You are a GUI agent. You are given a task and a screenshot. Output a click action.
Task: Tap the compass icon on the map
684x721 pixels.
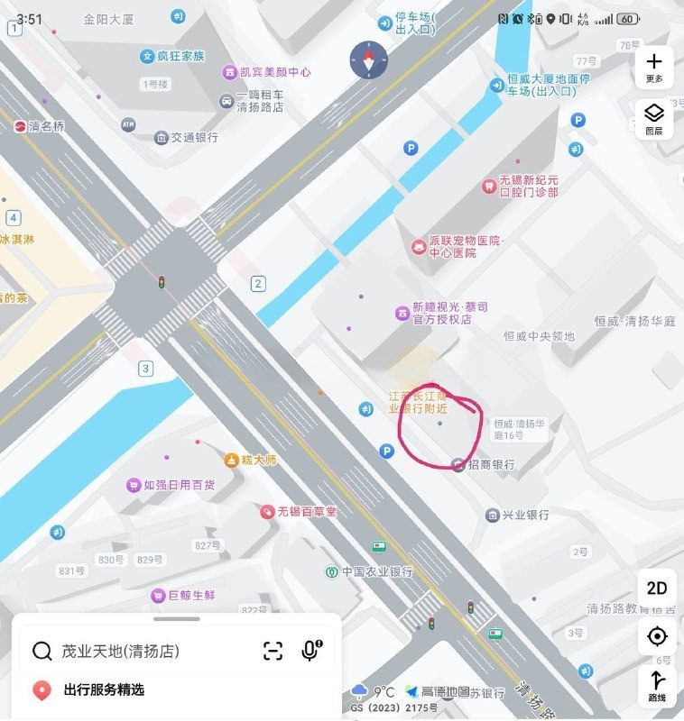point(368,60)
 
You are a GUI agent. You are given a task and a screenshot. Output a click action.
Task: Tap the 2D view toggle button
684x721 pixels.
point(657,588)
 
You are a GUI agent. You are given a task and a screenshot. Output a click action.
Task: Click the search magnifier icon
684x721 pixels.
point(42,651)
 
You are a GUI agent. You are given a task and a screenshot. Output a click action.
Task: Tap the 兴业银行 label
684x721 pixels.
point(526,515)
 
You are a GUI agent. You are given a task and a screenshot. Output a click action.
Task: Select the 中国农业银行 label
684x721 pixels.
point(377,571)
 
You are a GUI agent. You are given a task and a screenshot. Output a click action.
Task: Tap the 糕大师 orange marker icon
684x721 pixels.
point(232,461)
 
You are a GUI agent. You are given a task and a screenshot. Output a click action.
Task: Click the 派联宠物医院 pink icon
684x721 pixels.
point(419,246)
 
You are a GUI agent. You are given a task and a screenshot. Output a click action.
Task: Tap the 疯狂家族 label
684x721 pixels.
point(180,56)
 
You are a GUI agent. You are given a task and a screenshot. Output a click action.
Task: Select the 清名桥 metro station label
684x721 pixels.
point(47,127)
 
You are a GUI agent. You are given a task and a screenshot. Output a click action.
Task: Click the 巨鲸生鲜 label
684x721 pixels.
point(191,595)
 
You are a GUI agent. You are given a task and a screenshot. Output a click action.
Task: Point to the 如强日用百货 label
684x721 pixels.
point(179,485)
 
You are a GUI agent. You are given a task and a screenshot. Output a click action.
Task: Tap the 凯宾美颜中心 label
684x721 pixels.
point(275,72)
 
